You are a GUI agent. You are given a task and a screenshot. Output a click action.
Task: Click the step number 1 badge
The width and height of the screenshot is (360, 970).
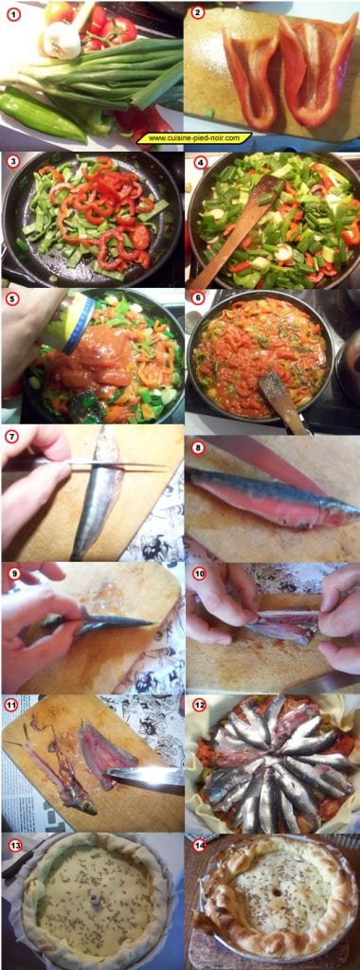pyautogui.click(x=12, y=13)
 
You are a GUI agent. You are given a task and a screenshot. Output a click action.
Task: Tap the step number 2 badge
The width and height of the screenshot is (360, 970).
pyautogui.click(x=197, y=13)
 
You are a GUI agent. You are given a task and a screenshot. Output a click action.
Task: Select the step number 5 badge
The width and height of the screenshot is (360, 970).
pyautogui.click(x=12, y=299)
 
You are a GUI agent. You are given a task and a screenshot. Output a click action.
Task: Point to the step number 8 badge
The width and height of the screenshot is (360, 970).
pyautogui.click(x=197, y=447)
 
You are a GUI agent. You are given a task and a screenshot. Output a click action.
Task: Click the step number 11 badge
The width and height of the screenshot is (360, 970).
pyautogui.click(x=12, y=706)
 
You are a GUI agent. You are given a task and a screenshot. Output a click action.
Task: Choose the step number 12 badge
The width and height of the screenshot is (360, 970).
pyautogui.click(x=198, y=706)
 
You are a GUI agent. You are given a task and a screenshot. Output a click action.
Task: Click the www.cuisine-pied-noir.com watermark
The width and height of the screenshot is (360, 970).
pyautogui.click(x=194, y=138)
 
